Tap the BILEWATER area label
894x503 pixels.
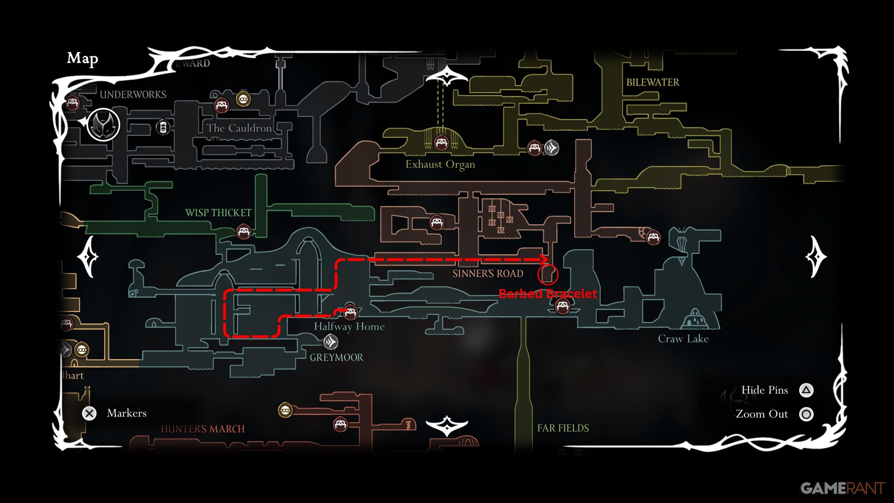[x=652, y=83]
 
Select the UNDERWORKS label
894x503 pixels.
[x=133, y=94]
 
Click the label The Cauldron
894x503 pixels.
[x=239, y=128]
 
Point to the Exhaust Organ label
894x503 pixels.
[x=440, y=164]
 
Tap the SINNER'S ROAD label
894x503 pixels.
[x=488, y=274]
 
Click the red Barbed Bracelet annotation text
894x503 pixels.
[x=548, y=294]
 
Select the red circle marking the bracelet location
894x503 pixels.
[x=548, y=274]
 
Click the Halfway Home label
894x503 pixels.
[x=349, y=327]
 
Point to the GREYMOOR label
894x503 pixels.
[x=336, y=357]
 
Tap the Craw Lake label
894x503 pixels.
[x=683, y=339]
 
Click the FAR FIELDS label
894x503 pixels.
[x=563, y=428]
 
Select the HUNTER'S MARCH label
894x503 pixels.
[x=203, y=429]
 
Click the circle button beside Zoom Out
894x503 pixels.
[x=806, y=414]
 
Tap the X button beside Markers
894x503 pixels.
[x=89, y=413]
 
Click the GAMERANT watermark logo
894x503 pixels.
[x=843, y=488]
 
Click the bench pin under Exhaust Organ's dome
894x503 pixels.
[x=441, y=142]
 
